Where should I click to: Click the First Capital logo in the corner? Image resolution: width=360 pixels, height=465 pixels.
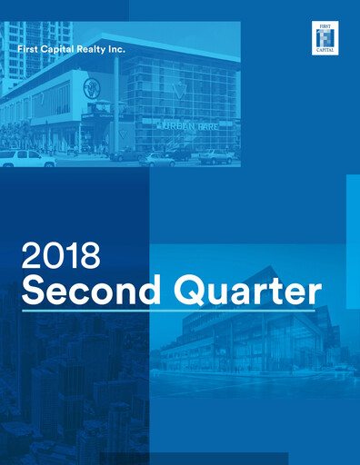pyautogui.click(x=324, y=37)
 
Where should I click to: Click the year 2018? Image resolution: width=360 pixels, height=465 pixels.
pyautogui.click(x=60, y=256)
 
